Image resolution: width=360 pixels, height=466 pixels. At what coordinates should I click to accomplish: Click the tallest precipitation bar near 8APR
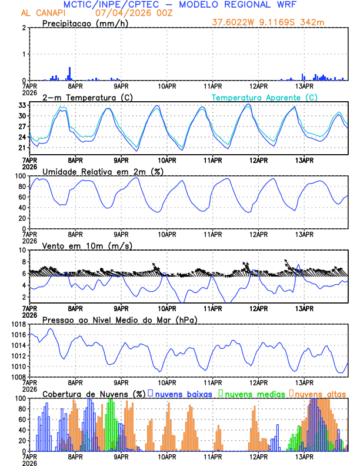(70, 74)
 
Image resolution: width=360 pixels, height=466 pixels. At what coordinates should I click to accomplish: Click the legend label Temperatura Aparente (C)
(265, 97)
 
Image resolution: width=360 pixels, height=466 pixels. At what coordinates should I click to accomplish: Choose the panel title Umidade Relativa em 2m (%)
(101, 171)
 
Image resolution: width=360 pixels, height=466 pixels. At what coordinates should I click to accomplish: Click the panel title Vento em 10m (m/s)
(79, 245)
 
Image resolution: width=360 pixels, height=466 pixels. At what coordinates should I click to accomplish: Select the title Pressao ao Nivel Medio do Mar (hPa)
(119, 319)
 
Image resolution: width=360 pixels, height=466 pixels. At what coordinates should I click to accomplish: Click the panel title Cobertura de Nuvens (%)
(94, 393)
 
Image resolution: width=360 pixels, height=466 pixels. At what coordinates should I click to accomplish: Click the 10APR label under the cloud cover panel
(166, 456)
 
